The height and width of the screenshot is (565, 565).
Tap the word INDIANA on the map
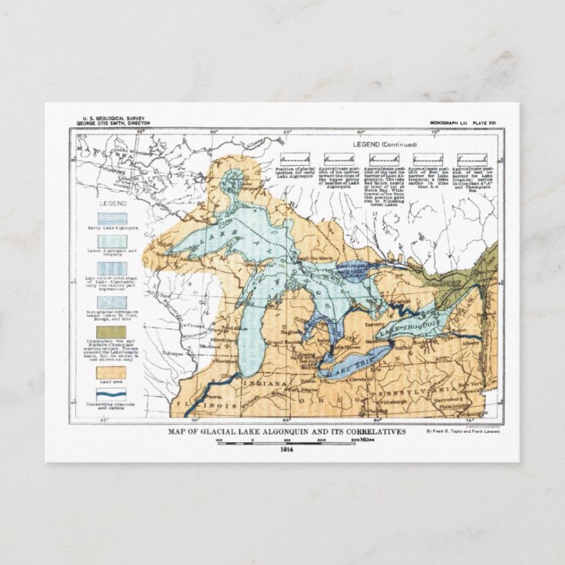[260, 382]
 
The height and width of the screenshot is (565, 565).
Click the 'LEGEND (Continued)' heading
[385, 144]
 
